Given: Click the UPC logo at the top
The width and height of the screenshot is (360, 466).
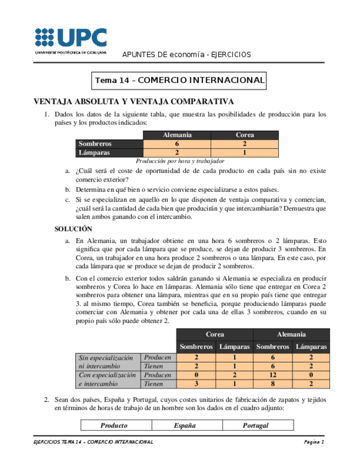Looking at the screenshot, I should pos(71,40).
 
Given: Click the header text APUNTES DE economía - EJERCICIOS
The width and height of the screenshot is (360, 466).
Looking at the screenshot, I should pos(186,54).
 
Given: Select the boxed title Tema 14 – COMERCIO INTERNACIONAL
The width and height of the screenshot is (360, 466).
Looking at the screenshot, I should pos(180,80).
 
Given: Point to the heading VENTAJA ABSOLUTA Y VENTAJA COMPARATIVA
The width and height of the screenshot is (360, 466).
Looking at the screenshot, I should pos(134,102).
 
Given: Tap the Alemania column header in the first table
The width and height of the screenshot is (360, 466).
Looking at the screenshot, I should pos(177,135).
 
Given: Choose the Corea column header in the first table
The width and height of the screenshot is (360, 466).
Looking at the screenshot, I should pos(245,135).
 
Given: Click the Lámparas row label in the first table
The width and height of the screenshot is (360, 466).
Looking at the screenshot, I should pos(95,153).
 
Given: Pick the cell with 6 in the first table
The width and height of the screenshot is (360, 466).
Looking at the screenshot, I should pos(177,144).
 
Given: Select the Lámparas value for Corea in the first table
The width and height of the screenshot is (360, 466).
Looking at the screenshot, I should pos(245,153).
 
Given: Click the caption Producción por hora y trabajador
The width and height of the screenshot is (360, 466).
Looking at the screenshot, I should pos(180,162).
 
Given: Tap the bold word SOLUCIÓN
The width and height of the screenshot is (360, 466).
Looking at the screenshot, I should pos(73,229).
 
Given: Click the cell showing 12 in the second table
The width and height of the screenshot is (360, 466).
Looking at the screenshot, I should pos(273,375).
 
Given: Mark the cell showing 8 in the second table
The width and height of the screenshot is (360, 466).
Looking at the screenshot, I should pos(273,384).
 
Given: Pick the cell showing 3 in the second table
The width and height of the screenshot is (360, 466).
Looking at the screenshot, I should pos(196,384).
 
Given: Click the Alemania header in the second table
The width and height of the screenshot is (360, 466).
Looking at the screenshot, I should pos(291,334).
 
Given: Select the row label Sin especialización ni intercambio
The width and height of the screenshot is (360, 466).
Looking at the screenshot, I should pos(107,362).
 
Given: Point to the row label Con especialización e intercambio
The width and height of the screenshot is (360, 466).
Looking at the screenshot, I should pos(107,379).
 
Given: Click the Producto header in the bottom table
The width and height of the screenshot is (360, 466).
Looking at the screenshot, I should pos(114,425).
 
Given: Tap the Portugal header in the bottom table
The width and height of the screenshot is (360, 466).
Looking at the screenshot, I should pos(256,425).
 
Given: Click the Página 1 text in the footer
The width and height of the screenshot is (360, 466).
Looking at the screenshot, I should pos(314,442).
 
